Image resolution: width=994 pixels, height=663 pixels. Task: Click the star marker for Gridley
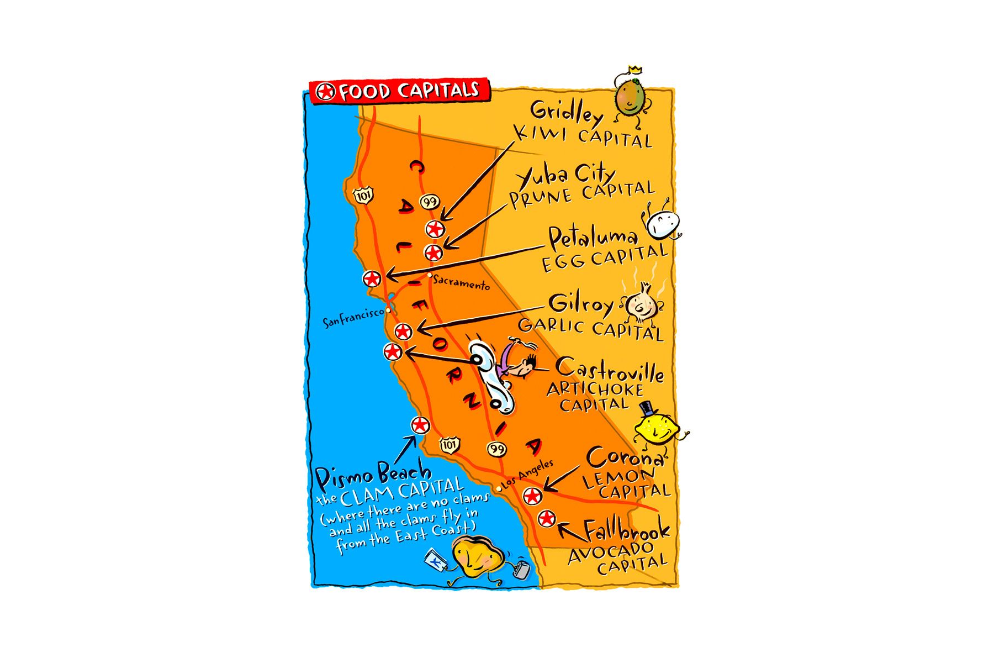coord(435,229)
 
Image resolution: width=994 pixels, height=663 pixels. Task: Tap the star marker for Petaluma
coord(372,278)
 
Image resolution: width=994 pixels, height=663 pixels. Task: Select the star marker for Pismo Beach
coord(420,425)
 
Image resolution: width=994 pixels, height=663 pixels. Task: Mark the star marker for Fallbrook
coord(546,518)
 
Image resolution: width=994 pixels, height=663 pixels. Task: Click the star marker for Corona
coord(532,496)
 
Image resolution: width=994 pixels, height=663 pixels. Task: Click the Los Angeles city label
coord(527,475)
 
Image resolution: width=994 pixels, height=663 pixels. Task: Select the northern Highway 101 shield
coord(363,195)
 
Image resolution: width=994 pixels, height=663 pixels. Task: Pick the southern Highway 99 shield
coord(497,449)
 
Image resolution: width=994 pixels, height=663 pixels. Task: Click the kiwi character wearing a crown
coord(630,97)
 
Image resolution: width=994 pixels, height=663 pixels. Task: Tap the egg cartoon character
coord(662,224)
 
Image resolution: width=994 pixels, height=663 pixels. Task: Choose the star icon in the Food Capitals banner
coord(326,92)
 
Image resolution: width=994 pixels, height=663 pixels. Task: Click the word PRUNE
coord(541,198)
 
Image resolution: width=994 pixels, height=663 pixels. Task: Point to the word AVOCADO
coord(611,552)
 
